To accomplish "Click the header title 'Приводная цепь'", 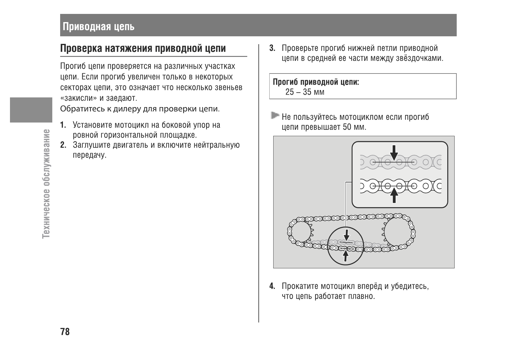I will (x=99, y=27).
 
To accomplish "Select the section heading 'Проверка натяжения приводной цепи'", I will (x=143, y=48).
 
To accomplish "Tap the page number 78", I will (x=65, y=332).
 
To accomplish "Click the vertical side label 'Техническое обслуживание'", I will (x=46, y=183).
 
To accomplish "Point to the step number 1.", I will (x=63, y=125).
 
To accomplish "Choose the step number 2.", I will (x=63, y=145).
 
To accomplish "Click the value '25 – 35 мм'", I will (x=305, y=92).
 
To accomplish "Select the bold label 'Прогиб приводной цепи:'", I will (x=316, y=82).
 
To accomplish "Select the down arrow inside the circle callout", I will (x=346, y=235).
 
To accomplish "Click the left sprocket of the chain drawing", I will (x=300, y=232).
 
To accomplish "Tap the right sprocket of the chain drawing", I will (x=398, y=232).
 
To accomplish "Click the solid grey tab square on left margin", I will (x=31, y=110).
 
